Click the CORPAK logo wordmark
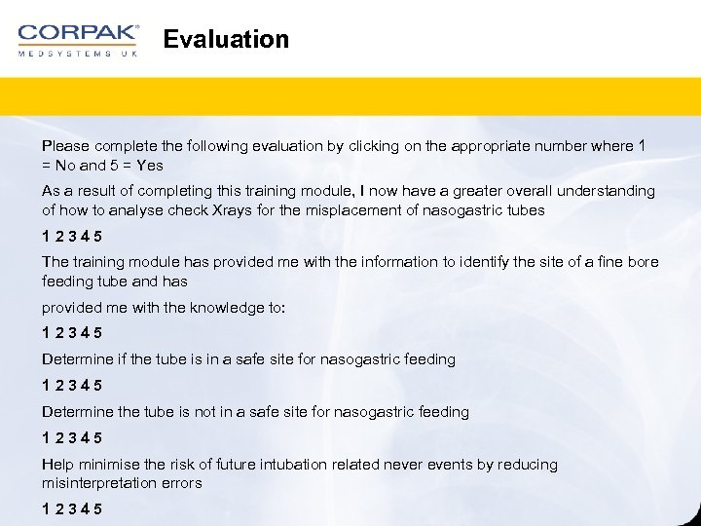click(x=78, y=32)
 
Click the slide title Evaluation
click(x=226, y=40)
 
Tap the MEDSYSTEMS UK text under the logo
click(x=78, y=54)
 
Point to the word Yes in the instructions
click(x=150, y=165)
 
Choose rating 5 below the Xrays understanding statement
click(x=98, y=237)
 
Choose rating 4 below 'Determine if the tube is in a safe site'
click(x=86, y=386)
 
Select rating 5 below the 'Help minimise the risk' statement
click(x=98, y=509)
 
